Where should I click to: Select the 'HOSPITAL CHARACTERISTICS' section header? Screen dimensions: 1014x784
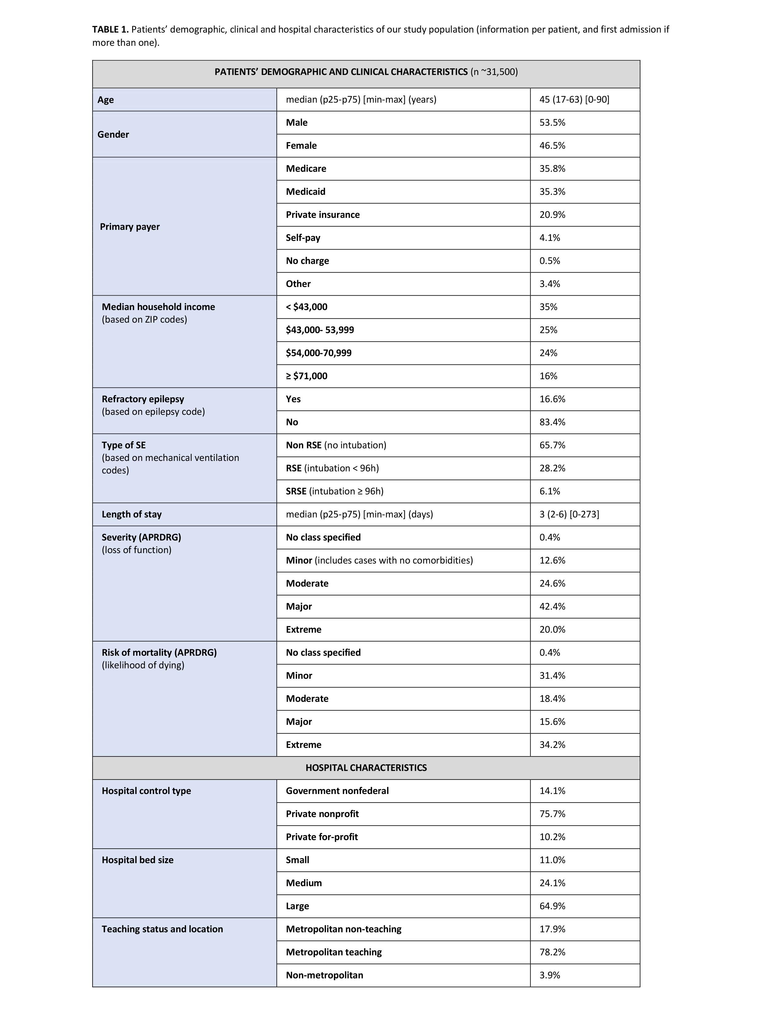(x=366, y=768)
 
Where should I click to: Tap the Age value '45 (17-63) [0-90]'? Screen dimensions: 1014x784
(x=574, y=99)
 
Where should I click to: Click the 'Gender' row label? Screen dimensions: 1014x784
(x=113, y=134)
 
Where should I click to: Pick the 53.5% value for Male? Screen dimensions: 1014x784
(x=552, y=123)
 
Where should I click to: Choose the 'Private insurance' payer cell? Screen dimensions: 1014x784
(x=323, y=214)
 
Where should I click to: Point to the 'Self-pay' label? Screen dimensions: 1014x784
(x=303, y=238)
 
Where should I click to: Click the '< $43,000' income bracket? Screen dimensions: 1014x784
(x=307, y=307)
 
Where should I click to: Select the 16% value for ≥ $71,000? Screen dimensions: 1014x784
(x=548, y=376)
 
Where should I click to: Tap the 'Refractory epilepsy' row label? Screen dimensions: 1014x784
(x=143, y=399)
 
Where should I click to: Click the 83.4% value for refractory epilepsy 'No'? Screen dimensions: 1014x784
(x=552, y=422)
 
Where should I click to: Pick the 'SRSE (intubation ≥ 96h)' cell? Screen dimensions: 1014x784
(x=335, y=491)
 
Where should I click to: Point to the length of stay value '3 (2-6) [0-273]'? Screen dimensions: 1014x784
(x=569, y=514)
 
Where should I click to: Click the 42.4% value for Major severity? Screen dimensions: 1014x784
(x=552, y=606)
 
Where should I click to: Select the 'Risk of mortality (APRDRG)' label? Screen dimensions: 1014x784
(x=159, y=652)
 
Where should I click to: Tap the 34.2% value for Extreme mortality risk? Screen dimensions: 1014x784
(x=552, y=745)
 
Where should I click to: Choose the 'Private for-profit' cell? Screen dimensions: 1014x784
(x=322, y=837)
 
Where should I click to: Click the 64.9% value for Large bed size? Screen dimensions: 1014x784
(x=552, y=906)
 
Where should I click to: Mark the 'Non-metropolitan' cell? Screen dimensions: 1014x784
(x=325, y=975)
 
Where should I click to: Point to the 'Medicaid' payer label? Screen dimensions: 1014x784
(x=306, y=192)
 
